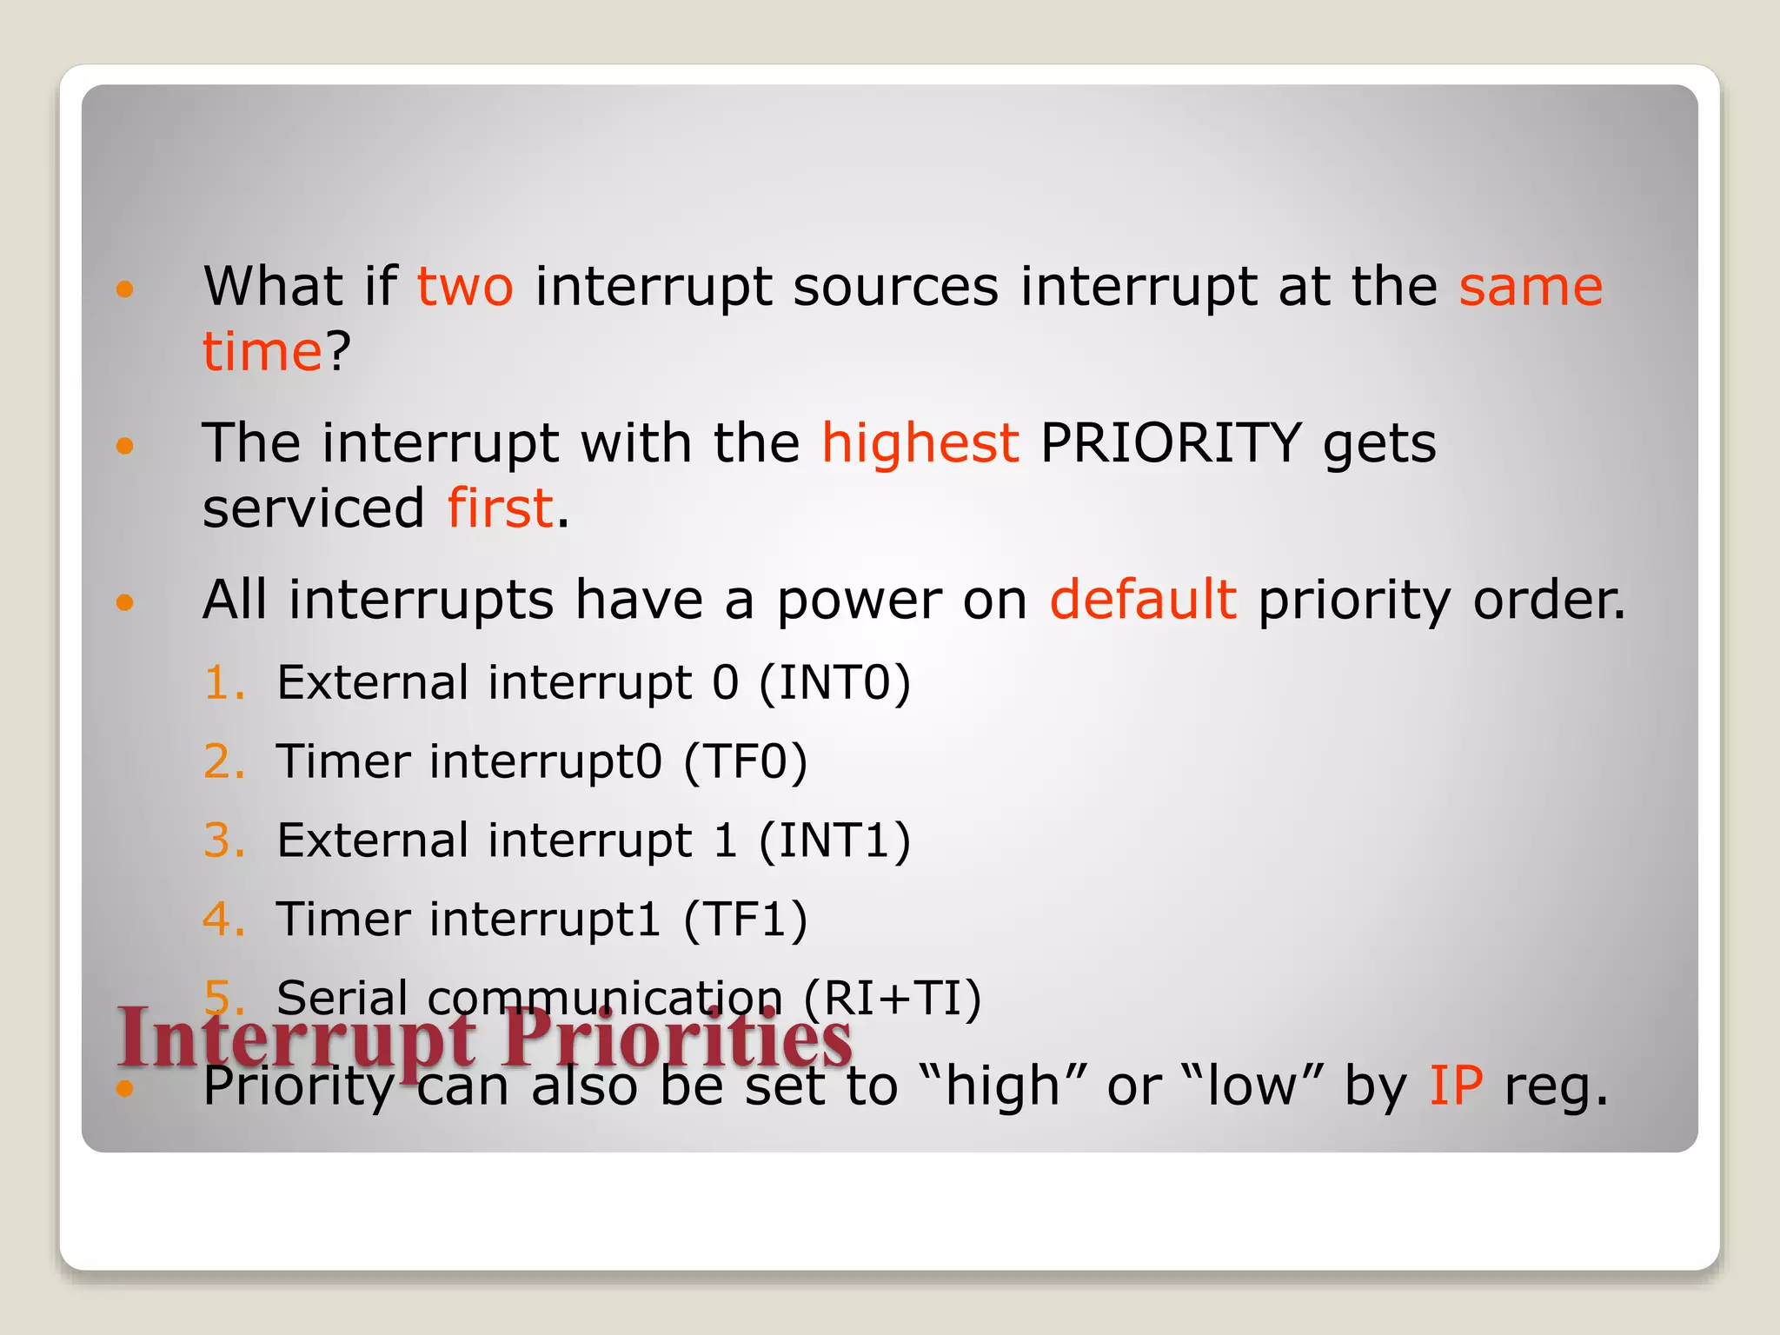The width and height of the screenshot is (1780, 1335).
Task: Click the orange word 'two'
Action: (465, 287)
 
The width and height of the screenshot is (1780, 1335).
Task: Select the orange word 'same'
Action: (1530, 287)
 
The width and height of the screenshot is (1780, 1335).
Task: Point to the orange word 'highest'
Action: (920, 443)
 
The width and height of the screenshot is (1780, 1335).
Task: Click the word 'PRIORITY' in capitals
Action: (1170, 443)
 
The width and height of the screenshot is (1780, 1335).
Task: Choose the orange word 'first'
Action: (500, 508)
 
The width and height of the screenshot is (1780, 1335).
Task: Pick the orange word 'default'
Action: (1142, 600)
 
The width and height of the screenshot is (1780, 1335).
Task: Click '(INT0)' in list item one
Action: (834, 682)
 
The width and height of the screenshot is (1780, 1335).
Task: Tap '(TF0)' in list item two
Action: (746, 761)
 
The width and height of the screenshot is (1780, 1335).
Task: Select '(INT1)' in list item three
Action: (834, 840)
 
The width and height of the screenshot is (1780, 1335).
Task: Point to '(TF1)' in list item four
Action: (746, 920)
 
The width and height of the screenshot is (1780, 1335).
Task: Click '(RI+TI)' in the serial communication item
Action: (892, 998)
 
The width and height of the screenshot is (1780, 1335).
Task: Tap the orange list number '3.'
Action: (224, 840)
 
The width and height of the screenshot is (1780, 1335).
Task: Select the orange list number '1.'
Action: (224, 682)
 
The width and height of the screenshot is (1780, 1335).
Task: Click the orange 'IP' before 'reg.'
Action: (1456, 1086)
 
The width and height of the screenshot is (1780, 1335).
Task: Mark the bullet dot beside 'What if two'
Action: (125, 289)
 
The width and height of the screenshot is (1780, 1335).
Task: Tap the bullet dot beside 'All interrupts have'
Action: (125, 601)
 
